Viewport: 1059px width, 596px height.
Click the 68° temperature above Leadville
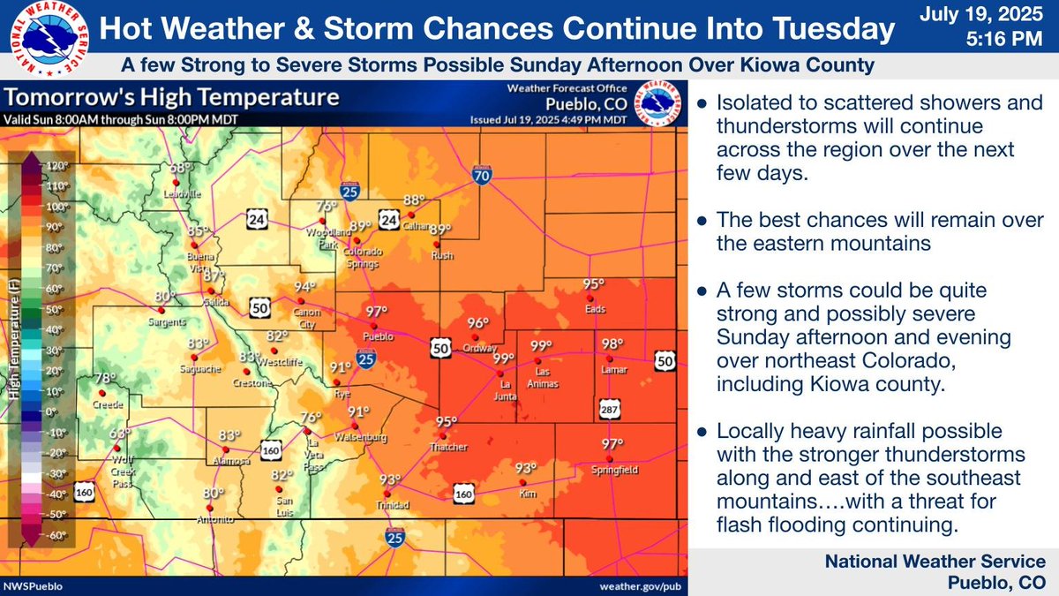[x=181, y=169]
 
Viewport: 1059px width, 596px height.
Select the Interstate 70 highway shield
[x=481, y=174]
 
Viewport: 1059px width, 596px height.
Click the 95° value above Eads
[x=594, y=284]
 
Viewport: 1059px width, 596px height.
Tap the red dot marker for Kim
[x=523, y=483]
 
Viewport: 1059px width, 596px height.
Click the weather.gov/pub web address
[x=641, y=585]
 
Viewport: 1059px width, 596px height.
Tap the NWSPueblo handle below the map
[x=32, y=585]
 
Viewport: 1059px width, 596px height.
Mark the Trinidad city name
[x=389, y=506]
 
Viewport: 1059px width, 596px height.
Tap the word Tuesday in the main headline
[x=829, y=29]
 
